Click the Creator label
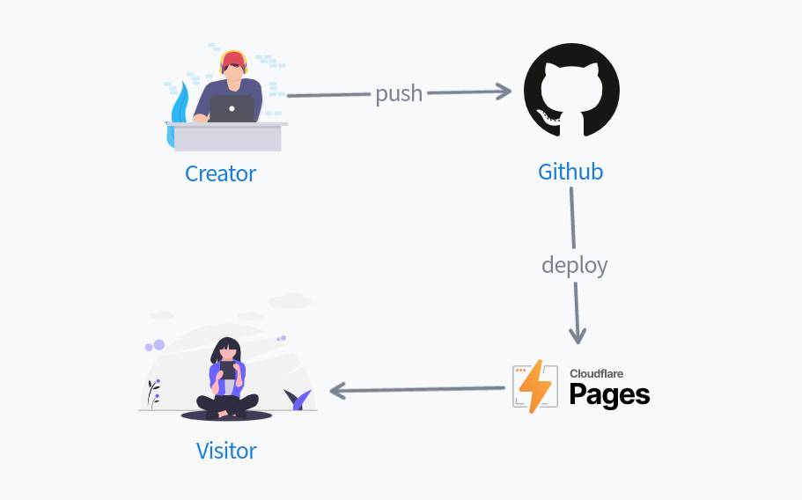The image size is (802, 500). point(220,173)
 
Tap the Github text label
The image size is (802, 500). point(570,172)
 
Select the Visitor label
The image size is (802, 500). point(226,451)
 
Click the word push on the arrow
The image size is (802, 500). point(399,93)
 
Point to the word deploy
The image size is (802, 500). point(574,264)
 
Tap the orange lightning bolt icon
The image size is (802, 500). point(533,386)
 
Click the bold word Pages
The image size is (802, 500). point(609,395)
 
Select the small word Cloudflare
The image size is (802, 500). point(596,373)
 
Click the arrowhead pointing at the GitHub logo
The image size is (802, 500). point(504,91)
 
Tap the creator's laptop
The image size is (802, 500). point(232,109)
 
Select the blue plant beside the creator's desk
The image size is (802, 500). point(181,106)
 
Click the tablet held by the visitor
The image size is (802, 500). point(228,371)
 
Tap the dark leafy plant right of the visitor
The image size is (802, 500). point(298,400)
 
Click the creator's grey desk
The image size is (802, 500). point(227,137)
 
